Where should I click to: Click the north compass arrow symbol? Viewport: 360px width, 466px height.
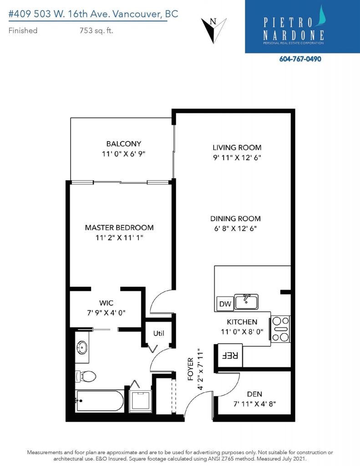tap(214, 30)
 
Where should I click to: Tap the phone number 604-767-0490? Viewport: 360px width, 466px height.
tap(300, 59)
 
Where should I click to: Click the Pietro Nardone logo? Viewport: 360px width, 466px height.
tap(302, 27)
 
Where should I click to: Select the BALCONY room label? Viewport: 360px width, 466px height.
tap(124, 144)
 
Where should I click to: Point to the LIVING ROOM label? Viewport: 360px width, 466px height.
tap(237, 147)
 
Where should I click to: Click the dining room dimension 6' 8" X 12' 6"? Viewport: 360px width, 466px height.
tap(235, 228)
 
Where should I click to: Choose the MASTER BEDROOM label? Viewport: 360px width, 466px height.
tap(119, 228)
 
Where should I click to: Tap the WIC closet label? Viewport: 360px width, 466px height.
tap(106, 303)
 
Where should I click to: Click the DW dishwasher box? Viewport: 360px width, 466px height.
tap(225, 304)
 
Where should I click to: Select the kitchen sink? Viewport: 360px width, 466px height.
tap(246, 302)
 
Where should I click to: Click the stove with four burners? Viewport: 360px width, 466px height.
tap(280, 329)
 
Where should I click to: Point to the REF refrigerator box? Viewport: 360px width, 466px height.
tap(230, 355)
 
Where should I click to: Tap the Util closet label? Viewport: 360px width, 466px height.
tap(158, 333)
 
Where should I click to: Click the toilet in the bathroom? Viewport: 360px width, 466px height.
tap(86, 376)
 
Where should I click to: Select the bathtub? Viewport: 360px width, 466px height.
tap(100, 400)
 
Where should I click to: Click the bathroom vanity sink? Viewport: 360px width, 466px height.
tap(82, 347)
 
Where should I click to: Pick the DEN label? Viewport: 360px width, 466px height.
tap(254, 394)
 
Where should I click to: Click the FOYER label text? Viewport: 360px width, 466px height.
tap(191, 369)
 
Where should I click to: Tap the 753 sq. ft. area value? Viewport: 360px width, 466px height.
tap(96, 30)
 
